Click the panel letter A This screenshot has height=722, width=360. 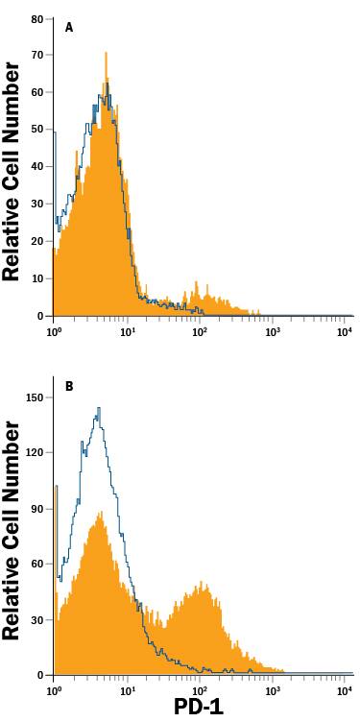pyautogui.click(x=68, y=28)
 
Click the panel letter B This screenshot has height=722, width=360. pyautogui.click(x=68, y=388)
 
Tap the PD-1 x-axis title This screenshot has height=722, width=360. pyautogui.click(x=200, y=708)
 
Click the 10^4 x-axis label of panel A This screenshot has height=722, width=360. pyautogui.click(x=346, y=330)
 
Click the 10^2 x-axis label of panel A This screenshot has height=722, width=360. pyautogui.click(x=200, y=330)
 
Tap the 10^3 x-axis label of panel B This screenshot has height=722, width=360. pyautogui.click(x=273, y=690)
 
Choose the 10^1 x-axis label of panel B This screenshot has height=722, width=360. pyautogui.click(x=128, y=690)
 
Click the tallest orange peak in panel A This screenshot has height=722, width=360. pyautogui.click(x=106, y=55)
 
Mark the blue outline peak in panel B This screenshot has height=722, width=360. pyautogui.click(x=98, y=409)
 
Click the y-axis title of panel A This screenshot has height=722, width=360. pyautogui.click(x=12, y=171)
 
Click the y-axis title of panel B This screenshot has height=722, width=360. pyautogui.click(x=12, y=531)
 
